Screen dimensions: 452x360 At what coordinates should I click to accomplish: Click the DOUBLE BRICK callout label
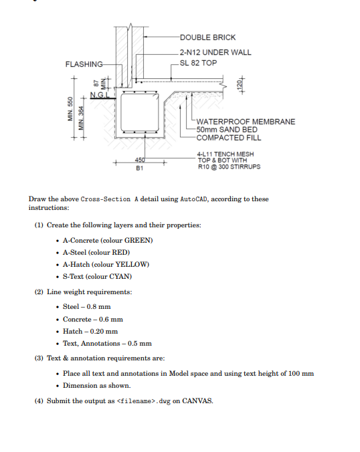(x=207, y=37)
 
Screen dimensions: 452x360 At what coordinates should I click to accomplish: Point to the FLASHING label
(x=84, y=64)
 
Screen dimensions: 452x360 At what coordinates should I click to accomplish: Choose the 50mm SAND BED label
(x=227, y=130)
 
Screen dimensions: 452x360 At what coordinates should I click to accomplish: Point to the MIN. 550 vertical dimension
(x=67, y=111)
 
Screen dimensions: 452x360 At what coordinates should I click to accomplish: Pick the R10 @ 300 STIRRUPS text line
(x=229, y=166)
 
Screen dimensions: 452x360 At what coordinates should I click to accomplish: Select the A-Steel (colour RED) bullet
(x=96, y=252)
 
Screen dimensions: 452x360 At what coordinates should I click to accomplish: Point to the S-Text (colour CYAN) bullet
(x=97, y=276)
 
